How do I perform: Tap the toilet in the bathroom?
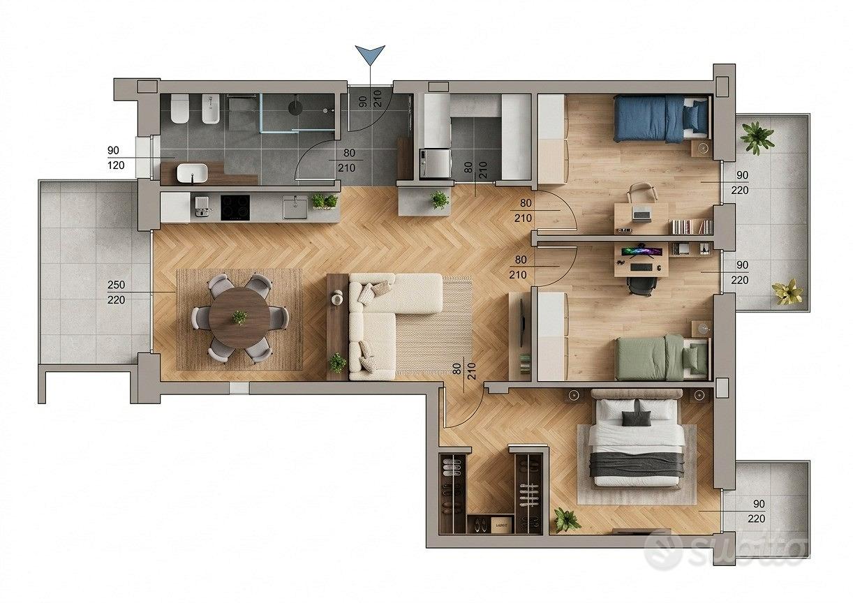[x=179, y=108]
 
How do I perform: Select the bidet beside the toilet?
[x=211, y=108]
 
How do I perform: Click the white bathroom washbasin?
[x=192, y=172]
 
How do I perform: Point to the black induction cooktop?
[x=235, y=208]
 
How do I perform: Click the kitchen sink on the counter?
[x=295, y=207]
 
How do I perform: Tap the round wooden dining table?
[x=239, y=318]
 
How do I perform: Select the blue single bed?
[x=662, y=119]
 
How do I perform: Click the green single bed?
[x=663, y=358]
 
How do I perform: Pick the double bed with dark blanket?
[x=636, y=438]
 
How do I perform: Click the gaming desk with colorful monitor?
[x=641, y=260]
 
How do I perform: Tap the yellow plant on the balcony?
[x=787, y=291]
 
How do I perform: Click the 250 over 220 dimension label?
[x=116, y=292]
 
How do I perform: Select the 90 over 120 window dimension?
[x=116, y=158]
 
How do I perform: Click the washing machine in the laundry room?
[x=436, y=163]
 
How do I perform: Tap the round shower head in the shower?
[x=295, y=107]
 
